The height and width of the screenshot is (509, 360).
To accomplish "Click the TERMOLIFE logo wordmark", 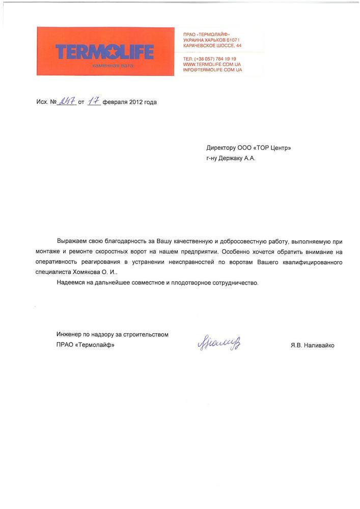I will [x=104, y=51].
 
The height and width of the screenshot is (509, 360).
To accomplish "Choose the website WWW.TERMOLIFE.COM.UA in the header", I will [x=212, y=64].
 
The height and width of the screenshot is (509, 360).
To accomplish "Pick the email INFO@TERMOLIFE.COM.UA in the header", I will [x=212, y=70].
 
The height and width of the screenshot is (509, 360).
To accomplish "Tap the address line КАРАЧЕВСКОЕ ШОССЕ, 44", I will [x=212, y=45].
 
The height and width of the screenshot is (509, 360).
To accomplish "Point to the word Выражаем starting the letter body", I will [x=72, y=240].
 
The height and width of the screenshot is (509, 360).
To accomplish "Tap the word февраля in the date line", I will [x=115, y=102].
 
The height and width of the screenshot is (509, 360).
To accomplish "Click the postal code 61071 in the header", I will [x=231, y=40].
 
